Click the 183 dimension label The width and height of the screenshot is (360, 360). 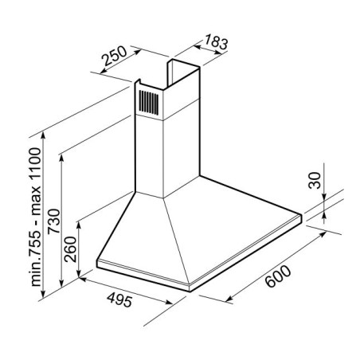(x=216, y=42)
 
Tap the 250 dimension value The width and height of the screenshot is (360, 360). (x=115, y=56)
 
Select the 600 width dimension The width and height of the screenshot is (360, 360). (x=278, y=276)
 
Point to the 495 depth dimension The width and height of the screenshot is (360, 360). (x=119, y=300)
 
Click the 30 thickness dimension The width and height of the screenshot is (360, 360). (x=315, y=181)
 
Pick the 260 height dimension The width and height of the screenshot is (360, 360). (x=70, y=249)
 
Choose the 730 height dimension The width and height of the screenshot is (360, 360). (x=54, y=221)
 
